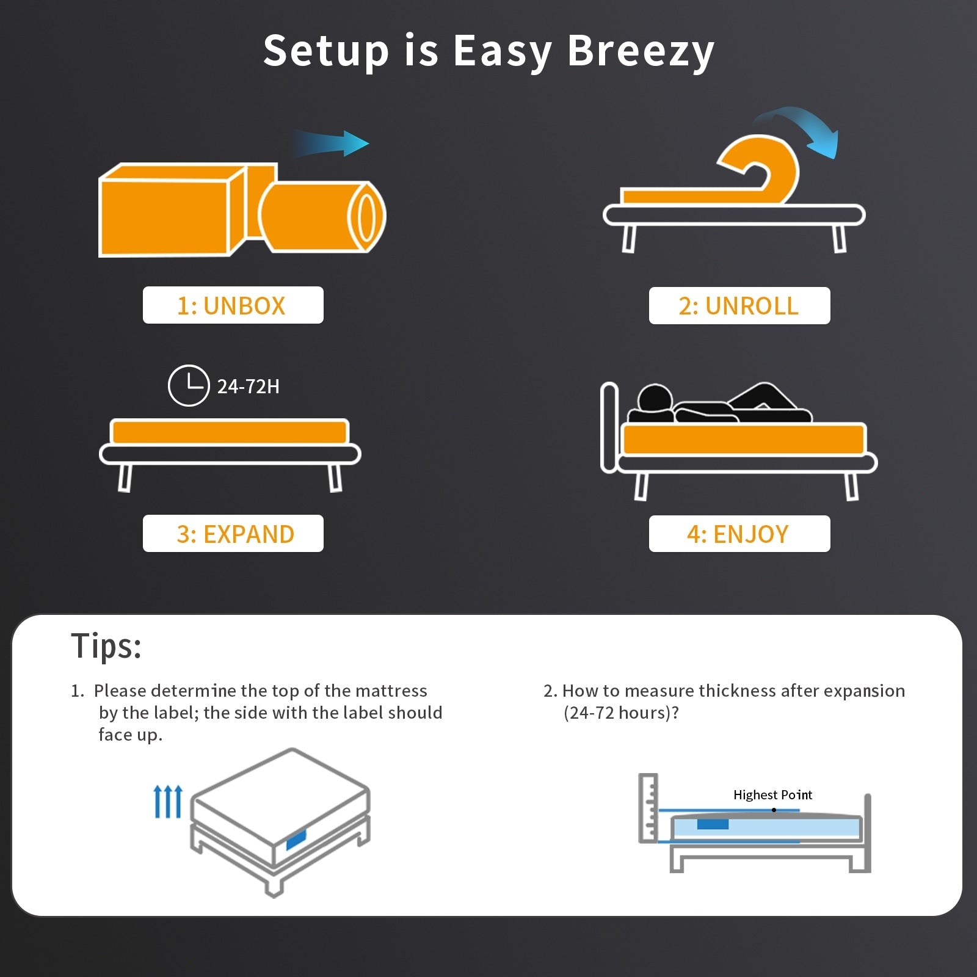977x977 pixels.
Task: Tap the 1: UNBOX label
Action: click(x=233, y=305)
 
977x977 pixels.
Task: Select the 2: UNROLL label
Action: click(x=739, y=306)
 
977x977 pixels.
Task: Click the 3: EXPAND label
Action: click(x=233, y=534)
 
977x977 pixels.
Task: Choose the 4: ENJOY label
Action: click(x=739, y=534)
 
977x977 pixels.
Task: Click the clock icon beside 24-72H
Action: click(x=189, y=386)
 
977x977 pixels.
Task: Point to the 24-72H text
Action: click(x=248, y=387)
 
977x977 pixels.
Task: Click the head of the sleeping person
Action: click(x=655, y=400)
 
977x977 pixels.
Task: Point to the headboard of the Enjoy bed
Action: click(x=609, y=427)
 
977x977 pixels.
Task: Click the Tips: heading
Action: click(x=106, y=646)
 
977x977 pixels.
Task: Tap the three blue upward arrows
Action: click(x=168, y=802)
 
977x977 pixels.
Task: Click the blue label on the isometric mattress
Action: click(x=296, y=840)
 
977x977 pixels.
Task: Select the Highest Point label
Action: click(x=772, y=794)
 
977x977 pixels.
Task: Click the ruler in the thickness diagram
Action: click(x=648, y=807)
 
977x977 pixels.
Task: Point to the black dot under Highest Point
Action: click(x=774, y=810)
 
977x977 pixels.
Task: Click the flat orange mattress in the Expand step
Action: click(x=230, y=432)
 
